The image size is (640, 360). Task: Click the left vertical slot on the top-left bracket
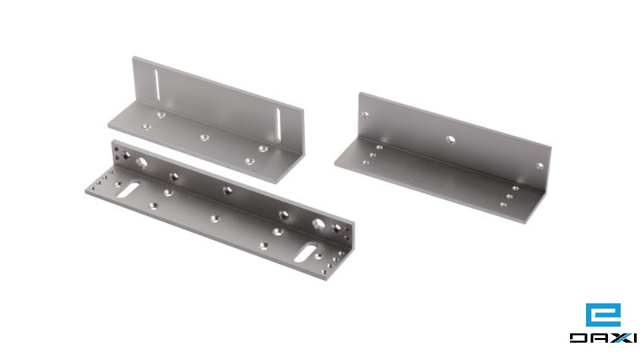tap(157, 84)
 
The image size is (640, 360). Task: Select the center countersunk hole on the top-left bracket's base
tap(205, 137)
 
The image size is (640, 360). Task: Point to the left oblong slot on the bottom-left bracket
tap(128, 190)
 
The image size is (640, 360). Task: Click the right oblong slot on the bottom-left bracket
tap(307, 252)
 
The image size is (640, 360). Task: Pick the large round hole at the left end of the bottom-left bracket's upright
tap(141, 163)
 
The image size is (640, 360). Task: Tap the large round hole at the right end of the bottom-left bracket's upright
tap(319, 224)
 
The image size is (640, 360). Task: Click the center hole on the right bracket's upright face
tap(451, 139)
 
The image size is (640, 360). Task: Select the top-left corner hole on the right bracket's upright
tap(366, 115)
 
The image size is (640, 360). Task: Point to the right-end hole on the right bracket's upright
tap(539, 166)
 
